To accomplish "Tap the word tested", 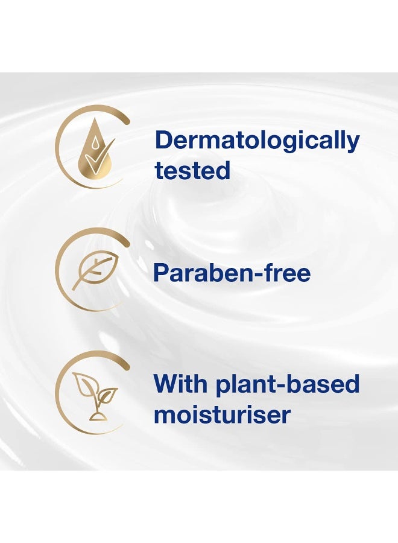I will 192,170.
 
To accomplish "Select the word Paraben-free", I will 232,273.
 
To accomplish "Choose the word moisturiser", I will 222,414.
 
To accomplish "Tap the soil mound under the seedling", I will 95,416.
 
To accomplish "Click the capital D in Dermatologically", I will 164,141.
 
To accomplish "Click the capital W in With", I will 166,384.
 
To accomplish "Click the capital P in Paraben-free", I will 161,273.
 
